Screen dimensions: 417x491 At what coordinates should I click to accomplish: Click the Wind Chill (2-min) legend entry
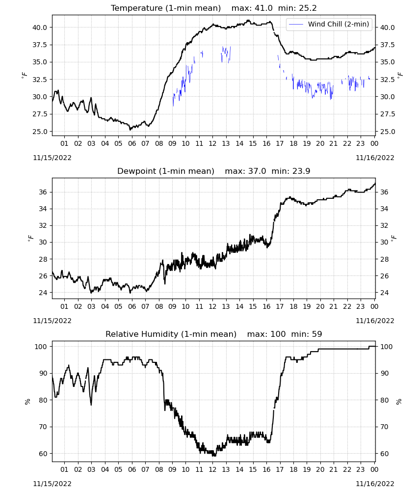[329, 24]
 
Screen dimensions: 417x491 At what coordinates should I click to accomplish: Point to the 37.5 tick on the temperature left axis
[40, 45]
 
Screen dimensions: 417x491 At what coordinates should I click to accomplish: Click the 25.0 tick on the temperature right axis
[387, 132]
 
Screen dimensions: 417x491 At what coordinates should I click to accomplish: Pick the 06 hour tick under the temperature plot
[132, 143]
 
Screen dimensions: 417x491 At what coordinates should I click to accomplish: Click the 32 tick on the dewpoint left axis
[43, 225]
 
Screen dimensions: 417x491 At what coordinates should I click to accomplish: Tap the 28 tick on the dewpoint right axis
[384, 259]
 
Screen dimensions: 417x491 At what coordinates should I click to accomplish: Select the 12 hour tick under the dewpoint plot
[213, 306]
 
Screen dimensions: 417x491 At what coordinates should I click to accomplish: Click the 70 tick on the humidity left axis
[43, 427]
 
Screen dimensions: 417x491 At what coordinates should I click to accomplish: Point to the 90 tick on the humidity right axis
[384, 373]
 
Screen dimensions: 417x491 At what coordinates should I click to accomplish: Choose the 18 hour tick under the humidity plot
[293, 469]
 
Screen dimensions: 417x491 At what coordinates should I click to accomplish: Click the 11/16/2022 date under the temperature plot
[375, 158]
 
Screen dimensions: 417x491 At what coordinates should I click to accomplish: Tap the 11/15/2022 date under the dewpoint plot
[52, 321]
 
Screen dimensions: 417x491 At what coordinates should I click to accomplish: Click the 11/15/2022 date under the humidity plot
[52, 484]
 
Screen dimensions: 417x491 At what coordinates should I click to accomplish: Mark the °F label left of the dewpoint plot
[30, 238]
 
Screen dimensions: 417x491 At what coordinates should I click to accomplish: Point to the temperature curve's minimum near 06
[130, 129]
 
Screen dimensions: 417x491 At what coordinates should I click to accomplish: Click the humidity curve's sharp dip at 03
[91, 404]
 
